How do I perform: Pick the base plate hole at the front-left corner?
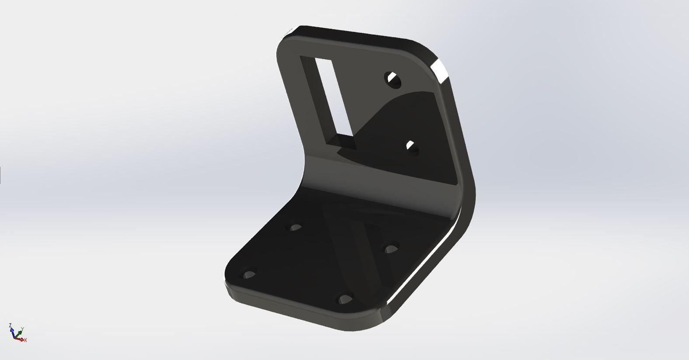[x=249, y=275]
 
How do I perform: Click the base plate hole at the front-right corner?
[x=345, y=299]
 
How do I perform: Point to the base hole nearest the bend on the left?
[x=296, y=228]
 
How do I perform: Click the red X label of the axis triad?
[x=26, y=340]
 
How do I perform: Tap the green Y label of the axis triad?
[x=22, y=329]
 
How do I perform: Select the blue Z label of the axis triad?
[x=10, y=325]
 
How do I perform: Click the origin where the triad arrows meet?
[x=16, y=337]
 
